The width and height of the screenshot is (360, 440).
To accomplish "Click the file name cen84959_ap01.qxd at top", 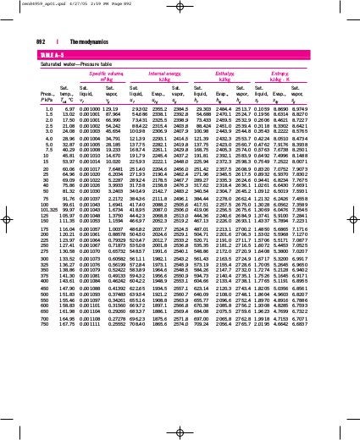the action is [25, 3].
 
